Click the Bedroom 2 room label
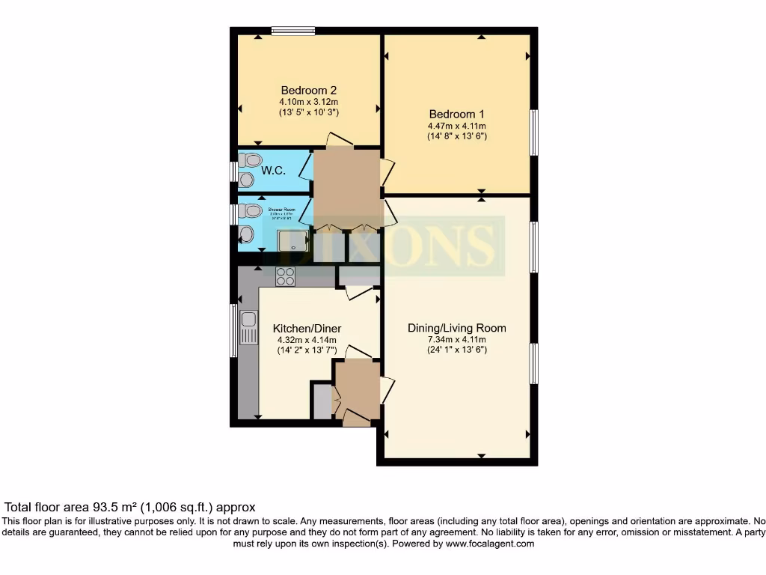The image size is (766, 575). tap(308, 90)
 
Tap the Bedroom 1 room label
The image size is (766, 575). tap(456, 114)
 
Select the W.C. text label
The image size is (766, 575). tap(273, 171)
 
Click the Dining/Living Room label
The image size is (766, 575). tap(456, 328)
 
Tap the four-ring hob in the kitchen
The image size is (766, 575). tap(285, 276)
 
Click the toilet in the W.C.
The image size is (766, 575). tap(251, 159)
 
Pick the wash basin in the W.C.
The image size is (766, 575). tap(246, 179)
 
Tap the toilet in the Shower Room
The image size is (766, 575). tap(251, 210)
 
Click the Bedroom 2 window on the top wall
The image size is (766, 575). tap(292, 31)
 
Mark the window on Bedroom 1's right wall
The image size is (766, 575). tap(533, 133)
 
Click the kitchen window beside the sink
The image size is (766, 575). tap(233, 330)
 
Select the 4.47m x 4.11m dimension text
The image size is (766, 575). tap(456, 126)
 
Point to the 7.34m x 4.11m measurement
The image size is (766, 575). tap(456, 339)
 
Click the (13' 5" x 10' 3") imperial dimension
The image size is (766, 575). tap(308, 112)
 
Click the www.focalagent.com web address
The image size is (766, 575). tap(490, 544)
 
